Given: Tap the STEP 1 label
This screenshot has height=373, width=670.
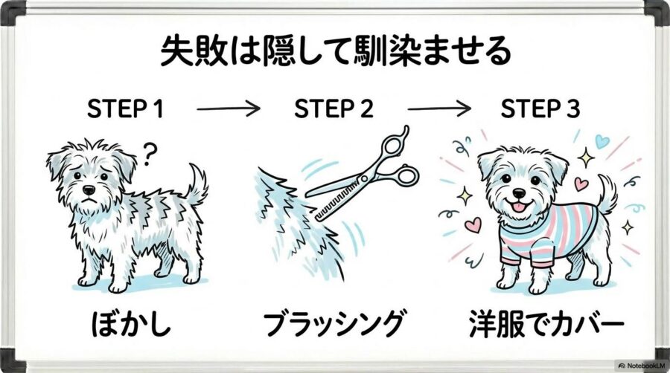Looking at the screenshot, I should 125,110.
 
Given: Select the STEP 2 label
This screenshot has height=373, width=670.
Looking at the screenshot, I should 334,110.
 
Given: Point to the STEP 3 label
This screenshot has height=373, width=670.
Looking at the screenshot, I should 540,110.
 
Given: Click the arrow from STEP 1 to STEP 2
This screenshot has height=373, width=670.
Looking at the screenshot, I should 229,110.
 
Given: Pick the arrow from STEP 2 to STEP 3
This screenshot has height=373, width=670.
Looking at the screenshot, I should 439,110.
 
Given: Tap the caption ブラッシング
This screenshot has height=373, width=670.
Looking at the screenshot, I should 335,325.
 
